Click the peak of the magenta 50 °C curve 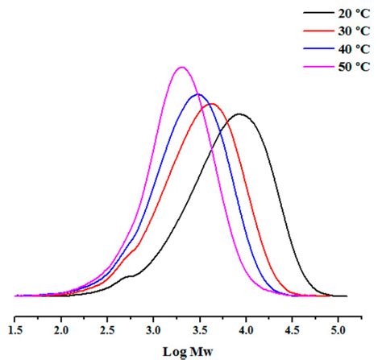pyautogui.click(x=182, y=68)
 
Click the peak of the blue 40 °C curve pyautogui.click(x=197, y=95)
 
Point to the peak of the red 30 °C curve pyautogui.click(x=211, y=104)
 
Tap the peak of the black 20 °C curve pyautogui.click(x=239, y=114)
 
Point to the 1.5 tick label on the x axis pyautogui.click(x=15, y=329)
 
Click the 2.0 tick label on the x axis pyautogui.click(x=61, y=329)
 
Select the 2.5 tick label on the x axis pyautogui.click(x=107, y=329)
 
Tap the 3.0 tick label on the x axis pyautogui.click(x=153, y=329)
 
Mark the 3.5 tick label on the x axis pyautogui.click(x=199, y=329)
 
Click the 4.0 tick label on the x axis pyautogui.click(x=245, y=329)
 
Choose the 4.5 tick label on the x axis pyautogui.click(x=291, y=329)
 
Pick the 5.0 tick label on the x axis pyautogui.click(x=337, y=329)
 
